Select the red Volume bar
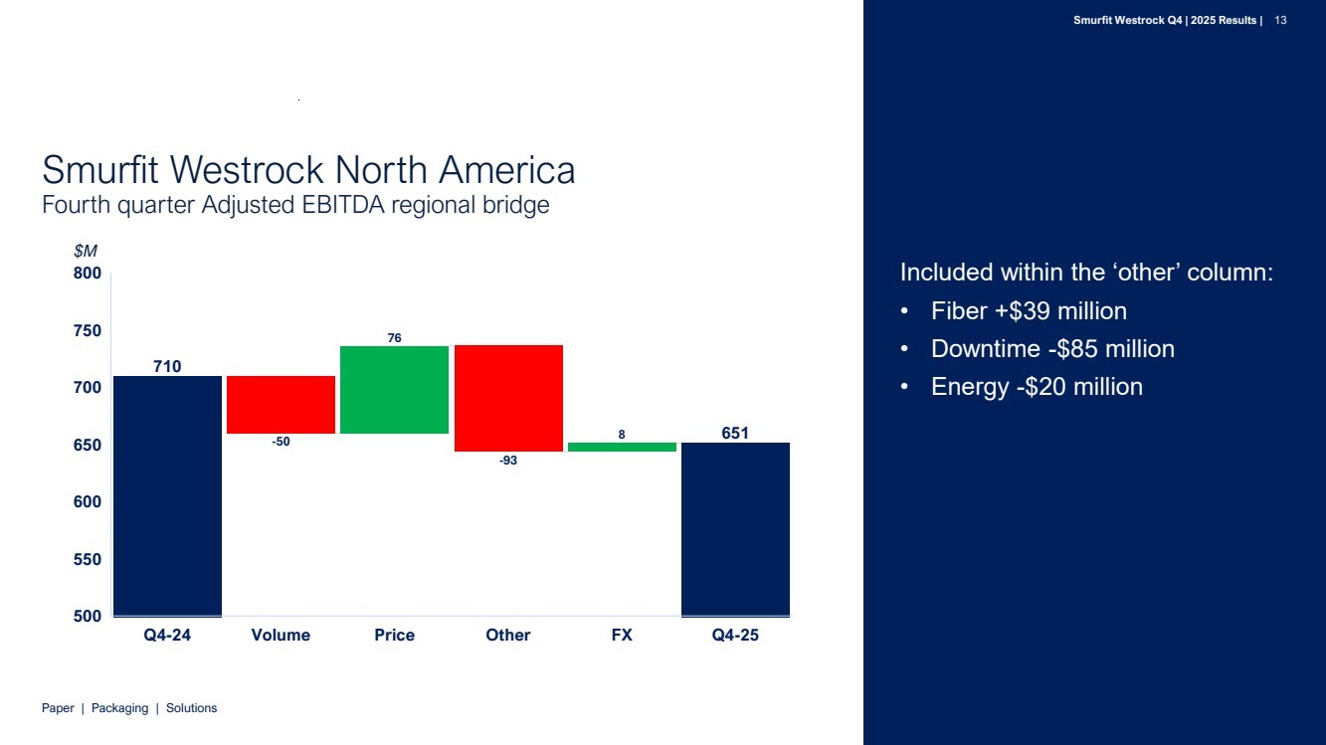(281, 404)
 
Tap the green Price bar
(394, 389)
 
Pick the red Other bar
(508, 398)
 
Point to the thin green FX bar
(622, 447)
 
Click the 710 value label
(167, 366)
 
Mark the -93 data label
(508, 461)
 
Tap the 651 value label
(735, 433)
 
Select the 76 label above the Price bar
(394, 338)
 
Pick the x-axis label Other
(508, 635)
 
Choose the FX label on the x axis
(622, 635)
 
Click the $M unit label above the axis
(86, 252)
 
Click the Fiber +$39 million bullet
(1029, 311)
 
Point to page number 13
(1281, 20)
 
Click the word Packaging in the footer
(119, 708)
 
